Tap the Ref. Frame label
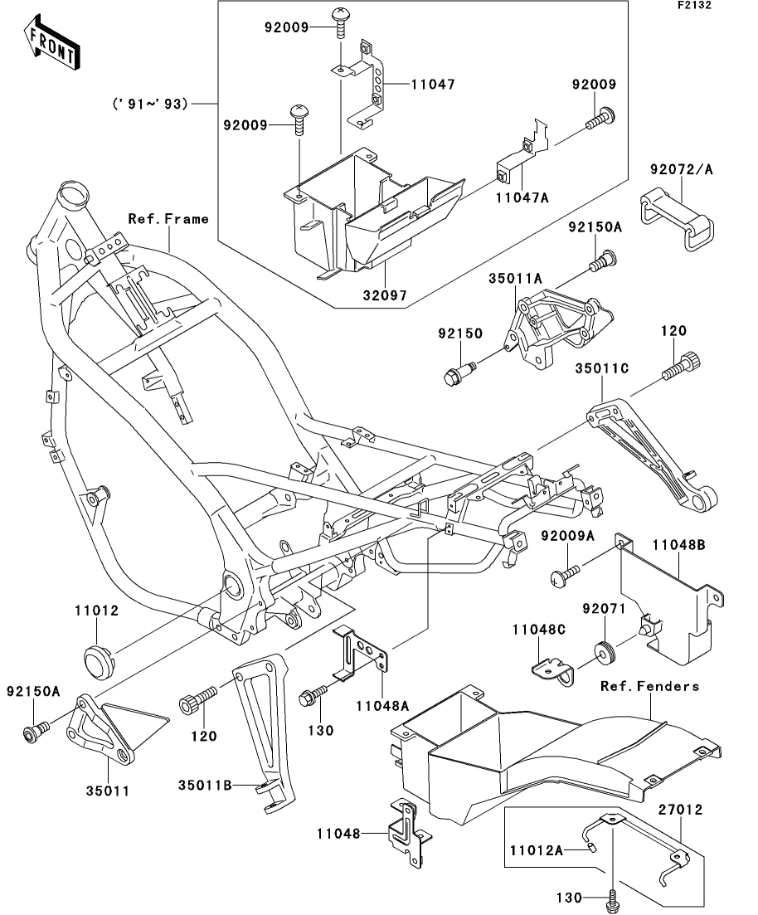[x=168, y=219]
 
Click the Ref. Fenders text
[x=650, y=686]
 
